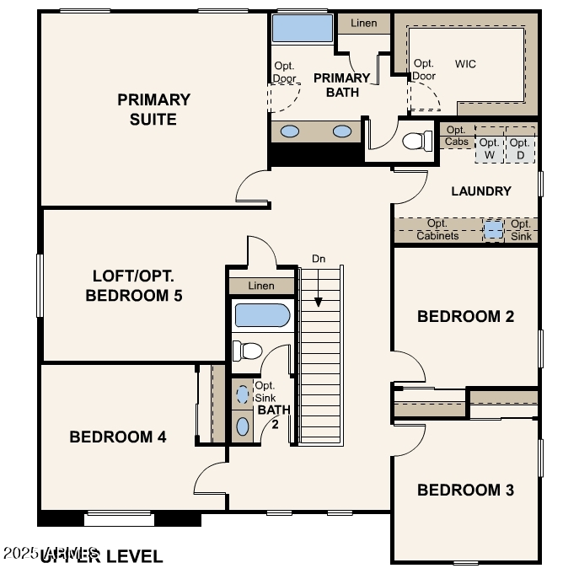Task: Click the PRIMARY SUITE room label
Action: point(153,110)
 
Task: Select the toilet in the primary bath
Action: point(417,141)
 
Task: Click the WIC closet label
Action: point(465,63)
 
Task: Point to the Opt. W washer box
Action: point(490,149)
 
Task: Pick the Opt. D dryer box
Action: point(520,149)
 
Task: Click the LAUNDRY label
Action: point(480,191)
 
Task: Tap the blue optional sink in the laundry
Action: point(493,229)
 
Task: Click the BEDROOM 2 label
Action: point(465,317)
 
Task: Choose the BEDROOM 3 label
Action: point(465,490)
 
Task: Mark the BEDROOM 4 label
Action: point(117,437)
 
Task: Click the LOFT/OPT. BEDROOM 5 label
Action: point(134,286)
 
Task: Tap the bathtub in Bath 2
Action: point(262,316)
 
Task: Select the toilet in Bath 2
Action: point(249,350)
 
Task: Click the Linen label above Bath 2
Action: point(261,286)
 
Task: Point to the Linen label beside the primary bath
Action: point(363,24)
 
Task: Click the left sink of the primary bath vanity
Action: point(289,131)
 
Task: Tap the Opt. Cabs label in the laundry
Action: point(456,136)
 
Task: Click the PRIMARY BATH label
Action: point(341,84)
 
